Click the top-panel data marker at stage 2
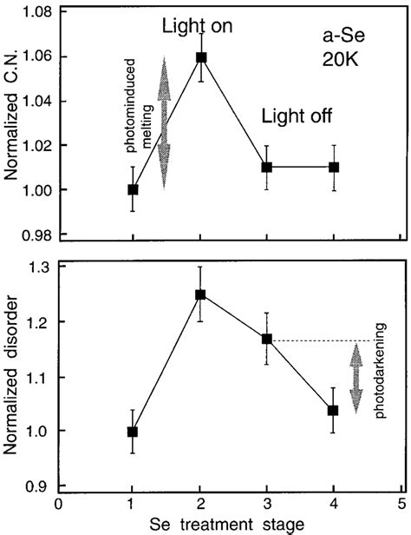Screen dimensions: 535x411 coord(201,58)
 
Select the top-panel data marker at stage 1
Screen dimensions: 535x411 coord(133,189)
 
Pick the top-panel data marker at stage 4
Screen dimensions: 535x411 coord(333,167)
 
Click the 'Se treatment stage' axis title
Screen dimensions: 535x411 coord(228,525)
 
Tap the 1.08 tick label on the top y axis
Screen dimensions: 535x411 coord(36,13)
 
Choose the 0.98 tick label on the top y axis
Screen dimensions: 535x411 coord(36,234)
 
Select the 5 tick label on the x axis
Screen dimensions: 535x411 coord(400,504)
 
